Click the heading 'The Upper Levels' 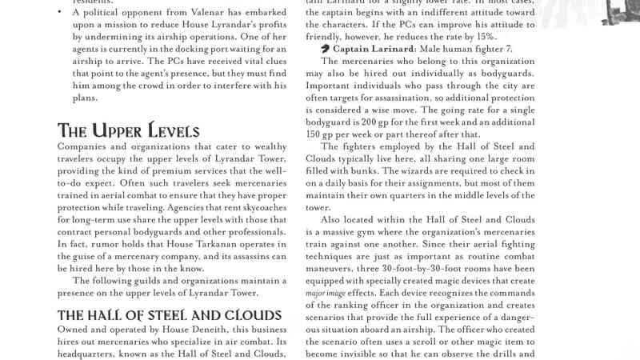(128, 130)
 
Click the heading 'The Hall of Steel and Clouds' (170, 314)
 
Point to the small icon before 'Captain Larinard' (325, 50)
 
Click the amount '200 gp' (374, 122)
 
